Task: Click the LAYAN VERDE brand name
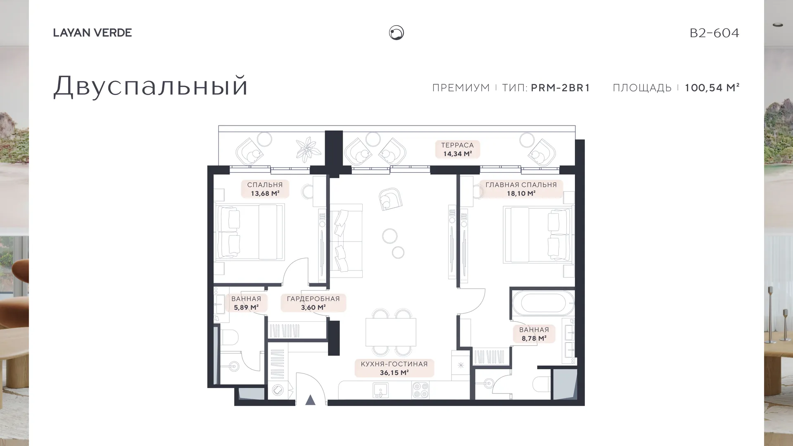pos(93,33)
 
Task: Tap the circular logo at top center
pos(396,33)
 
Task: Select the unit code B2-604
pos(715,33)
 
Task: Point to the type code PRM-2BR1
pos(560,88)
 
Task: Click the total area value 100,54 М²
pos(712,88)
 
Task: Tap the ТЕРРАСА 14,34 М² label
pos(457,149)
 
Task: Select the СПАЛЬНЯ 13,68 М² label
pos(265,189)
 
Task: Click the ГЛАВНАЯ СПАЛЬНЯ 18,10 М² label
pos(521,189)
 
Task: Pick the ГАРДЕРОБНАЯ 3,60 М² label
pos(313,303)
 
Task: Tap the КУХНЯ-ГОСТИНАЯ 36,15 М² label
pos(394,368)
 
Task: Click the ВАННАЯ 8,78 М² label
pos(534,334)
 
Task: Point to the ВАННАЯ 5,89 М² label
pos(246,303)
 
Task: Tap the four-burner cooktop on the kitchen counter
pos(420,390)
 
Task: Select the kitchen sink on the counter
pos(380,390)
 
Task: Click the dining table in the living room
pos(391,332)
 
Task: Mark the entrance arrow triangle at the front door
pos(311,400)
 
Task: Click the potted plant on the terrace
pos(308,149)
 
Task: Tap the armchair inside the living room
pos(390,199)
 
